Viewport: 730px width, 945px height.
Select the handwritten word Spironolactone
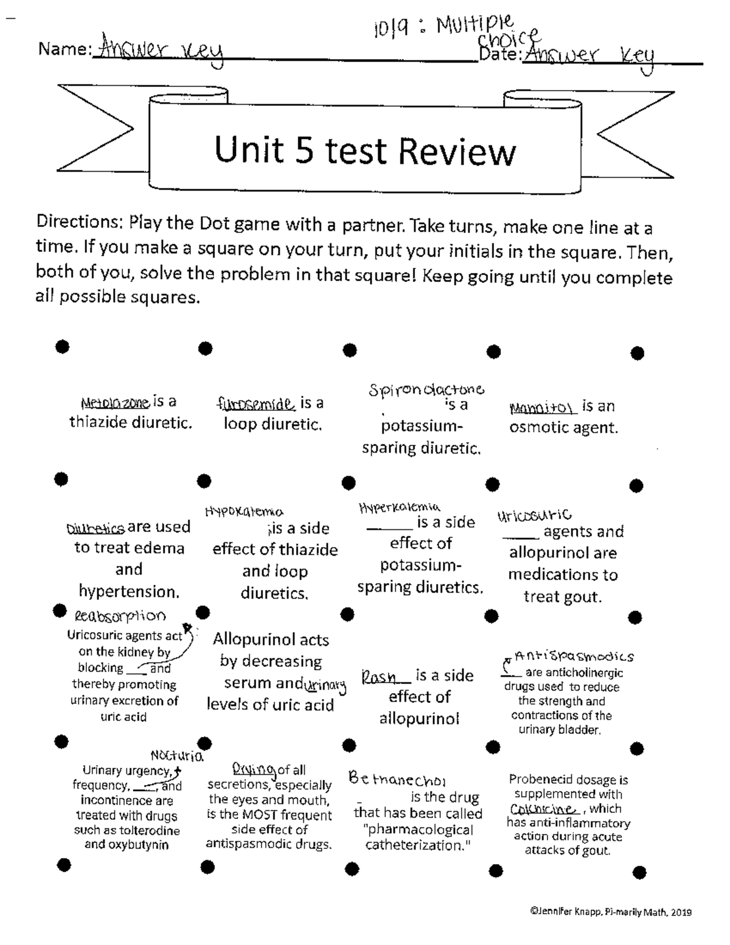(x=426, y=389)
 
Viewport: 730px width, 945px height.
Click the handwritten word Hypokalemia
(x=244, y=512)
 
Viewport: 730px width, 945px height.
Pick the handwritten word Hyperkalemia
(x=399, y=507)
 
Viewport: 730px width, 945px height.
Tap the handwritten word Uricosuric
(x=535, y=517)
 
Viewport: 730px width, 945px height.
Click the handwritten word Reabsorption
(x=120, y=616)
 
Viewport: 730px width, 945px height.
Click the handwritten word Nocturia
(x=176, y=756)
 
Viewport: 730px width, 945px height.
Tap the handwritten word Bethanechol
(x=397, y=779)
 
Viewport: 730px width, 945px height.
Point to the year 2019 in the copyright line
(x=681, y=912)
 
